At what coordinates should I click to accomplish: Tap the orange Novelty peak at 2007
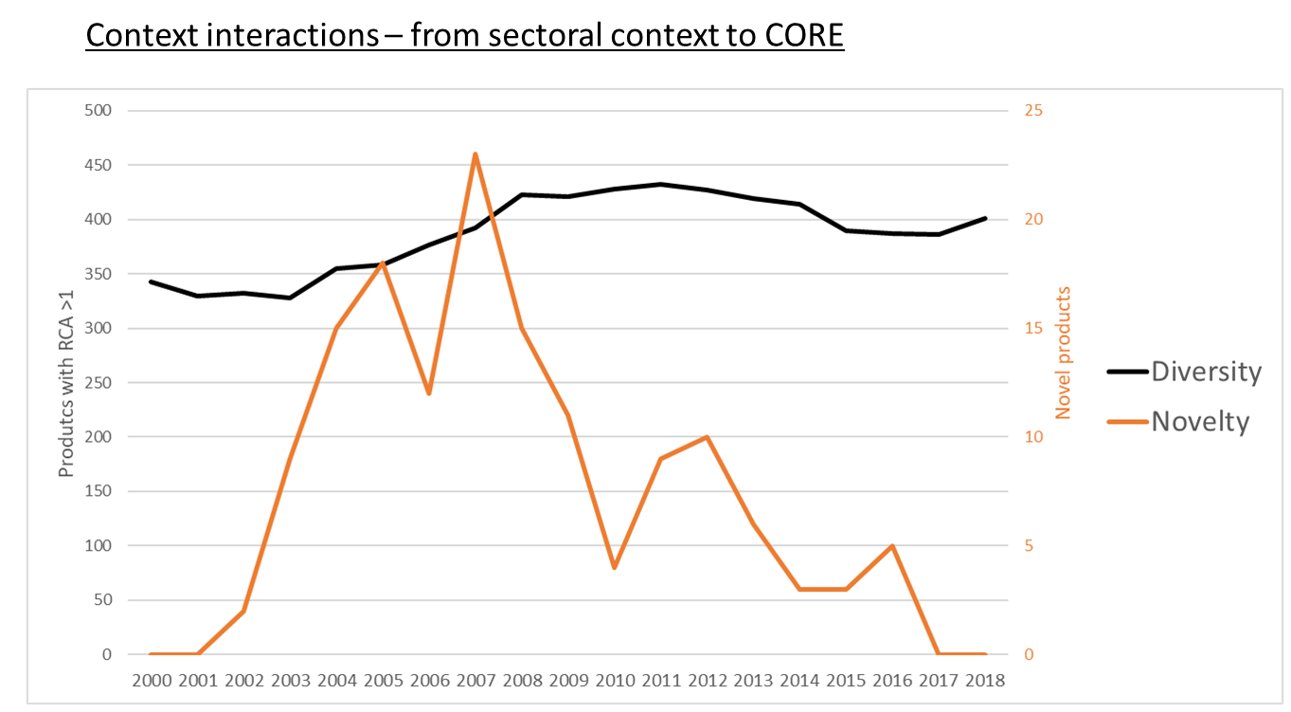click(x=475, y=154)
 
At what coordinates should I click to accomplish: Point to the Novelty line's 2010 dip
click(x=614, y=568)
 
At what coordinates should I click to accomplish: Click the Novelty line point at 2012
click(x=707, y=437)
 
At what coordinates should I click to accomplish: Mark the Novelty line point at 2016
click(x=892, y=546)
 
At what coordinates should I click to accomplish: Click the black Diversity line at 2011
click(x=660, y=184)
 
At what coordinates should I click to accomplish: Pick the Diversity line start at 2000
click(x=151, y=282)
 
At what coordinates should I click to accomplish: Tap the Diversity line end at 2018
click(x=985, y=218)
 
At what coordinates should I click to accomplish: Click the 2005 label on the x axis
click(x=382, y=680)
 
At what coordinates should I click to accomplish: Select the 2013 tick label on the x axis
click(x=753, y=680)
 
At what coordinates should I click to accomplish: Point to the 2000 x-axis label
click(x=151, y=680)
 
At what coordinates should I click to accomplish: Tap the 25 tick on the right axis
click(x=1033, y=111)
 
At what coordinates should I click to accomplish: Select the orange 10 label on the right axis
click(x=1033, y=437)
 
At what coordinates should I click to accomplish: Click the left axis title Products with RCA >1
click(x=66, y=383)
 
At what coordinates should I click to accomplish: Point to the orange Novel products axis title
click(x=1064, y=353)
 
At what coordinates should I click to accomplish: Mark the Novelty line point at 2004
click(x=336, y=328)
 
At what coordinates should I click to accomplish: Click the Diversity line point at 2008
click(x=521, y=194)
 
